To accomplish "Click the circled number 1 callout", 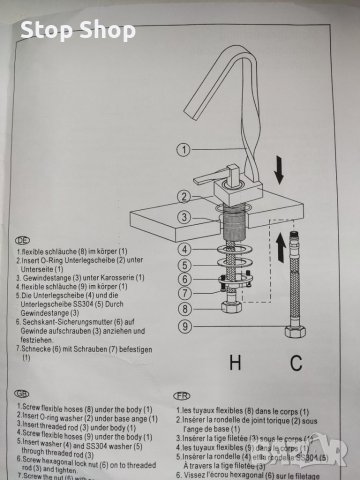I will tap(184, 150).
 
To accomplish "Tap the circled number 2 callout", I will tap(184, 196).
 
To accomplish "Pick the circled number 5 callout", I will tap(184, 265).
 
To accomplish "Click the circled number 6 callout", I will tap(184, 280).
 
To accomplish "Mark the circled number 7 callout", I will tap(184, 294).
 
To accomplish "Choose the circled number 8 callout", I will tap(184, 309).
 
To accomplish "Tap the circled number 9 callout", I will tap(184, 325).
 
